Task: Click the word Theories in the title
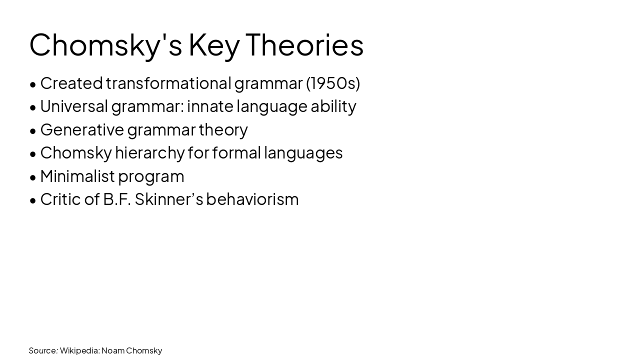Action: [304, 44]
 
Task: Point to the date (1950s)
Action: [333, 83]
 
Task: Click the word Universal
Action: [74, 106]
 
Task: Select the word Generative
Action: [82, 129]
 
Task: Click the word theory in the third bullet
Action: [223, 129]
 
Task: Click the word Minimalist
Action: [77, 176]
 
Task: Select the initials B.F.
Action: [117, 199]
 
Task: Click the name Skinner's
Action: [168, 199]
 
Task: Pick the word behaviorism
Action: [252, 199]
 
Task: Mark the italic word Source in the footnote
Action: [42, 350]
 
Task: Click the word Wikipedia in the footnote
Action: [79, 350]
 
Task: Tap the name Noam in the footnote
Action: [112, 350]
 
